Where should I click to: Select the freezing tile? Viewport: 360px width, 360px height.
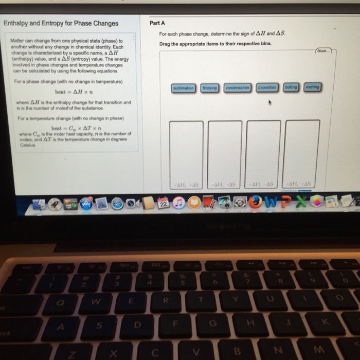coord(209,88)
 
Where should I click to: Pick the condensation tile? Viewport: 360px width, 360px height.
coord(238,88)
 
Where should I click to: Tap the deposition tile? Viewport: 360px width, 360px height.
coord(267,88)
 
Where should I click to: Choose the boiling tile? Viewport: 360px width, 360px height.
coord(291,87)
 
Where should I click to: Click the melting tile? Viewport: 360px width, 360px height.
coord(312,87)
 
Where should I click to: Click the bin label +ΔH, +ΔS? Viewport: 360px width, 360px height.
coord(186,184)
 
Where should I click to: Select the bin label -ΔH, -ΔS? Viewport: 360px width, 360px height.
coord(224,184)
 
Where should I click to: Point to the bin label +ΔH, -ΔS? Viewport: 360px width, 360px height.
coord(262,184)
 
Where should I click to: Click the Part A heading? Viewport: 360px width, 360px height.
coord(157,23)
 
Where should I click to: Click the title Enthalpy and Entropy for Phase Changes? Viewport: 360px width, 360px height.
coord(61,23)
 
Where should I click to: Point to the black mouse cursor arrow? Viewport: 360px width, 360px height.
coord(269,103)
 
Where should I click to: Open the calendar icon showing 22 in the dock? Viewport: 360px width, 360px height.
coord(163,204)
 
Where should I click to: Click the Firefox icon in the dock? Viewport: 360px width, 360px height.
coord(255,203)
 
